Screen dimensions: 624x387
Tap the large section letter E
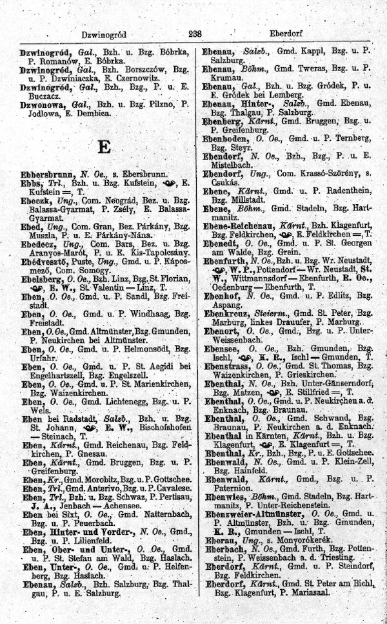point(103,145)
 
